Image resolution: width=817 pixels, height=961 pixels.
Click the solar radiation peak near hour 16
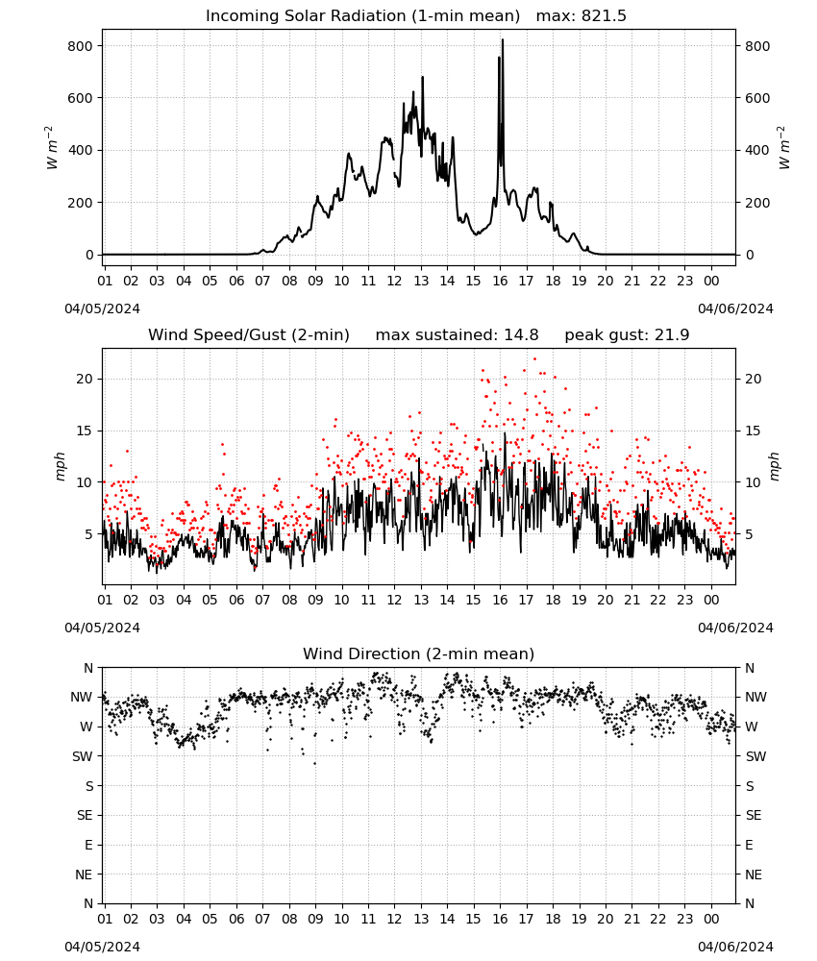(503, 39)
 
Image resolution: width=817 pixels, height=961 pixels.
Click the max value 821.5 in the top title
(604, 16)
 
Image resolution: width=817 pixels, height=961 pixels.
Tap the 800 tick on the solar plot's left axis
(81, 46)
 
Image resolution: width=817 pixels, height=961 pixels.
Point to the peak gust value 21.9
(675, 335)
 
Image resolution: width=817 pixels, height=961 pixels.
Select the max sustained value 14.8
(521, 335)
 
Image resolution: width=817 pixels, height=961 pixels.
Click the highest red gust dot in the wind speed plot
(534, 359)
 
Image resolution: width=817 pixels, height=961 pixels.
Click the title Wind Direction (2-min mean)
(419, 653)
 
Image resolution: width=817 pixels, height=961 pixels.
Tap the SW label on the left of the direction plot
(83, 756)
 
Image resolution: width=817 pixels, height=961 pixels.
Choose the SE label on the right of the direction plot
(754, 815)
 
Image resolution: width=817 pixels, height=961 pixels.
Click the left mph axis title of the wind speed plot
(60, 466)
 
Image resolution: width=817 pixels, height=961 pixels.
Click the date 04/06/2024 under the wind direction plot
(735, 947)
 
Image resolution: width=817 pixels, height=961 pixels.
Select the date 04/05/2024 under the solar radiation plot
(102, 308)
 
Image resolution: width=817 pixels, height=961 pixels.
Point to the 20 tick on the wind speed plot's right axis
(754, 379)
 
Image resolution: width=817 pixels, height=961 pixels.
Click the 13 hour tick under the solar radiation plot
(421, 281)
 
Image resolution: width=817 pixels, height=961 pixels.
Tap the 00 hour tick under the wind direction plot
(711, 919)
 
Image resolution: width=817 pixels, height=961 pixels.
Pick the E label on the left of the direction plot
(88, 845)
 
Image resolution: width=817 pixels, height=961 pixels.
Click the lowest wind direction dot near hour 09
(315, 764)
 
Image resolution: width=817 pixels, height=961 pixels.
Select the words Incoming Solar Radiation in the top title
(306, 16)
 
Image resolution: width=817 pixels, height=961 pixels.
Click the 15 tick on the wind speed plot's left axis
(85, 431)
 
